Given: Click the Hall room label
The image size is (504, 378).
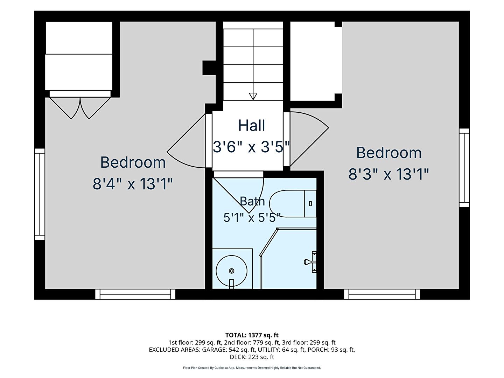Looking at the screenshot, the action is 251,125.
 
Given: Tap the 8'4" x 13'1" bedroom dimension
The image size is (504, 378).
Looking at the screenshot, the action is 133,184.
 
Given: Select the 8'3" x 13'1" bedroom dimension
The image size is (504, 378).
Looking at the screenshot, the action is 388,174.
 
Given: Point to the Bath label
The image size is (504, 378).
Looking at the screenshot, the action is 252,201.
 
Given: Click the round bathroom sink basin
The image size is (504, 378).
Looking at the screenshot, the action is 231,271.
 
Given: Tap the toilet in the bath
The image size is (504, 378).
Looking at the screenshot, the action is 293,204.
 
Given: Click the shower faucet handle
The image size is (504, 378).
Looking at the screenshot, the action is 310,262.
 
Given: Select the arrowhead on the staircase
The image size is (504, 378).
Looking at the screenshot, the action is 253,96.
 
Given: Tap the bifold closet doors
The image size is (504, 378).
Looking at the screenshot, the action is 80,108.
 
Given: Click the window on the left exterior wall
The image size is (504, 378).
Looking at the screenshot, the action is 40,194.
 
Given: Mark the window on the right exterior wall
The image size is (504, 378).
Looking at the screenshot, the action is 464,168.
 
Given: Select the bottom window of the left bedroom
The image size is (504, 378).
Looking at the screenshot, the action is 135,294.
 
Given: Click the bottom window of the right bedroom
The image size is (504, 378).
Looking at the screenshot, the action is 382,294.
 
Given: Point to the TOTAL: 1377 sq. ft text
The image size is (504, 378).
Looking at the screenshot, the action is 252,335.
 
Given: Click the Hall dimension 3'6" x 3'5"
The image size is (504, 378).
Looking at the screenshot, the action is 251,147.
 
